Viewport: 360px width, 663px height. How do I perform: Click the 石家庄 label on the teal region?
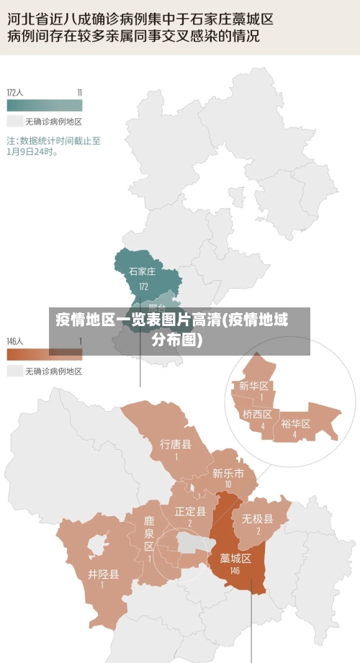(x=142, y=271)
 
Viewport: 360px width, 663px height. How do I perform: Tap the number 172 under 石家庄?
(x=143, y=286)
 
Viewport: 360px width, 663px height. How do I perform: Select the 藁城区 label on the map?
(x=235, y=558)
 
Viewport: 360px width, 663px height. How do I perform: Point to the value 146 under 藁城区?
(x=235, y=570)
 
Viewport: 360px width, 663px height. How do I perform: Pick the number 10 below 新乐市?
(x=228, y=484)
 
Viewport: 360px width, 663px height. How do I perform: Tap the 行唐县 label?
(x=176, y=444)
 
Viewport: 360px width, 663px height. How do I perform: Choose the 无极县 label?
(x=257, y=518)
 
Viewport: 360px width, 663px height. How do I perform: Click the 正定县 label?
(x=190, y=511)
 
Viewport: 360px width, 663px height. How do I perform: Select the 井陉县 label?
(x=103, y=574)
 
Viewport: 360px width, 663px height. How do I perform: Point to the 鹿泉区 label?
(x=149, y=533)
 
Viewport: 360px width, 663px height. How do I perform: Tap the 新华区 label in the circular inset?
(x=253, y=386)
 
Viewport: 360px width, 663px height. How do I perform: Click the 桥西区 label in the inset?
(x=257, y=414)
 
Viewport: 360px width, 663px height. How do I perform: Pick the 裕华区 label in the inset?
(x=295, y=423)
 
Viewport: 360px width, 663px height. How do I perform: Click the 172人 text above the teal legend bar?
(x=15, y=92)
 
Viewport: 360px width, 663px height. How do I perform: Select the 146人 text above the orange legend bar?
(x=15, y=340)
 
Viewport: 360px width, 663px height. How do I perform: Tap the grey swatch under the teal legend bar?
(x=14, y=121)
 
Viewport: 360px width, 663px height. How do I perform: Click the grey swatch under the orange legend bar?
(x=14, y=371)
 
